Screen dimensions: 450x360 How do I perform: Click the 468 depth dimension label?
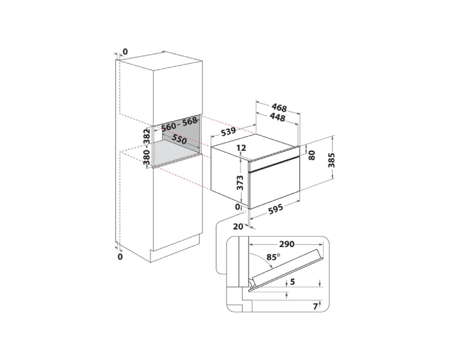279,108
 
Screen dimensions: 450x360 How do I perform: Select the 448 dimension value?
277,117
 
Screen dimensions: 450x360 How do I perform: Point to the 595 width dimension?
275,209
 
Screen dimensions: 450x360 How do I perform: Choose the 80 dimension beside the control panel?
312,155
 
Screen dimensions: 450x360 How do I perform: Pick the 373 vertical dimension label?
240,183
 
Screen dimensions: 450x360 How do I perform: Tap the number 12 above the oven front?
241,148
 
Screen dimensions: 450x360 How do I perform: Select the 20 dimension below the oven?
238,227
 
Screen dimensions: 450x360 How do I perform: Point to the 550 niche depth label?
179,140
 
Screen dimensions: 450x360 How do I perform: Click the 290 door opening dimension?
287,244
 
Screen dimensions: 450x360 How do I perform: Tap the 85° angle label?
273,256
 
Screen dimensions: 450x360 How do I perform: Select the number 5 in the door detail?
292,282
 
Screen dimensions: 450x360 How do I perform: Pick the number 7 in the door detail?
316,307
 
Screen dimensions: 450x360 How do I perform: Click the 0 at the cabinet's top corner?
126,52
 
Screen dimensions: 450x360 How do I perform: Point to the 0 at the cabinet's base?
120,256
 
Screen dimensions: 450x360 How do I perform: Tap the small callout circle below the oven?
244,212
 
